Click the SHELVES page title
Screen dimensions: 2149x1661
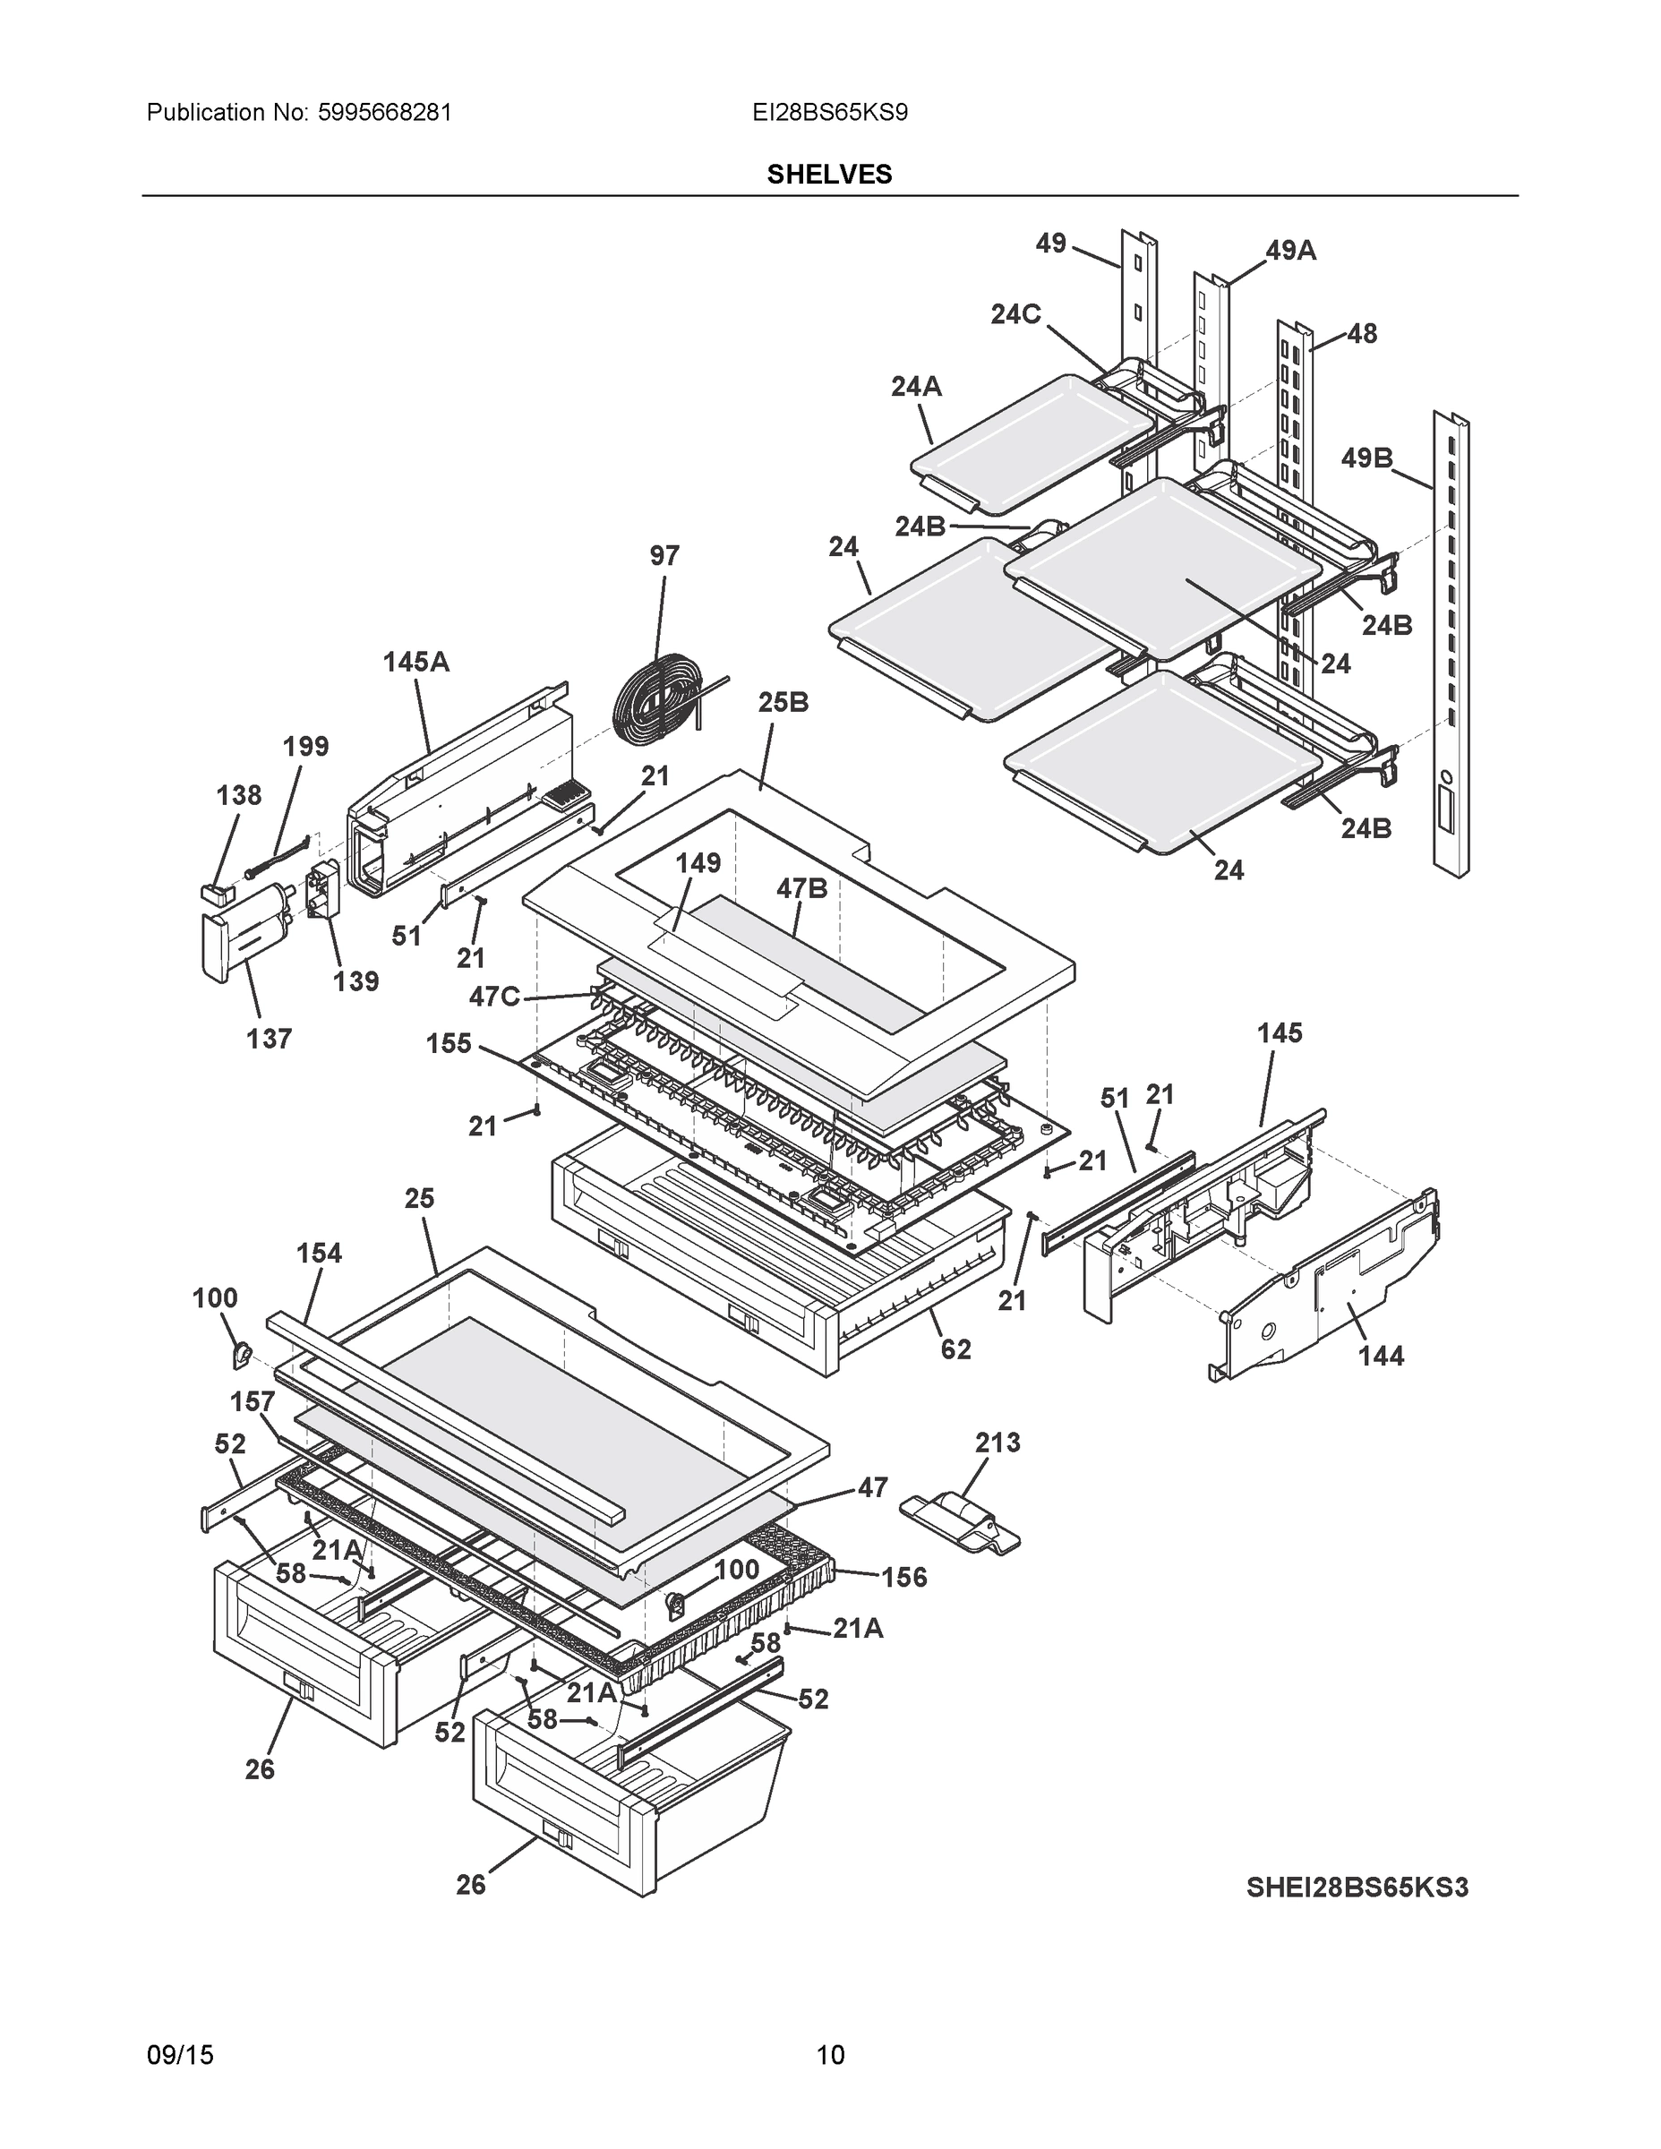coord(828,175)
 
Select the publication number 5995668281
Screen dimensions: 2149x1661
coord(385,112)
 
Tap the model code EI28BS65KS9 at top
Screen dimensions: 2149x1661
coord(829,112)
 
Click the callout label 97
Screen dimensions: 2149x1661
coord(664,556)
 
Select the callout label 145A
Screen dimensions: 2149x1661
coord(415,663)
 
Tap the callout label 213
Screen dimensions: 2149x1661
coord(997,1443)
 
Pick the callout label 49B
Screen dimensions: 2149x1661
coord(1366,458)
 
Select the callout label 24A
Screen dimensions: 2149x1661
coord(916,387)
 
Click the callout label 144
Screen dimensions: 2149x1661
coord(1381,1356)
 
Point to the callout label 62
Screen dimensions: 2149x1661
coord(955,1349)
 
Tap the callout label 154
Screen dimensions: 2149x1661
coord(319,1253)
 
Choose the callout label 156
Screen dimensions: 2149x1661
coord(904,1578)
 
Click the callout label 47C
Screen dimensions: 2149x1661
coord(494,997)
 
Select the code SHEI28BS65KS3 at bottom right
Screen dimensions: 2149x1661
coord(1356,1888)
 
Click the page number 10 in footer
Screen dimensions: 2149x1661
coord(829,2055)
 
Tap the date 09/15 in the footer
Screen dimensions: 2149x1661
coord(180,2055)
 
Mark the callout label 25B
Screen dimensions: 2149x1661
coord(783,703)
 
